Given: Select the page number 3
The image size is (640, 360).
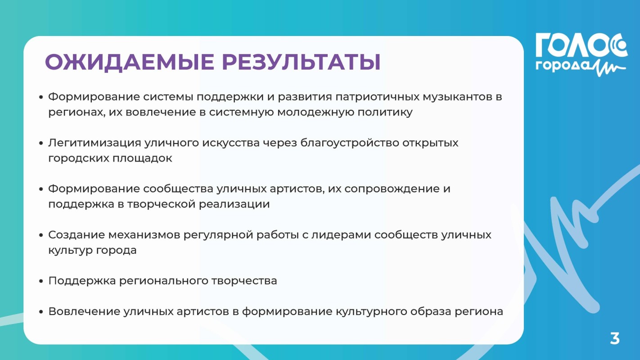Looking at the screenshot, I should (x=615, y=338).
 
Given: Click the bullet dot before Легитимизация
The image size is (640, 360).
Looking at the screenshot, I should (x=41, y=144).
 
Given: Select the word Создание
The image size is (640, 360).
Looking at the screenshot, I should (x=76, y=235).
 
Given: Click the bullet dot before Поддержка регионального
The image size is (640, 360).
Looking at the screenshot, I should (x=41, y=281).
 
